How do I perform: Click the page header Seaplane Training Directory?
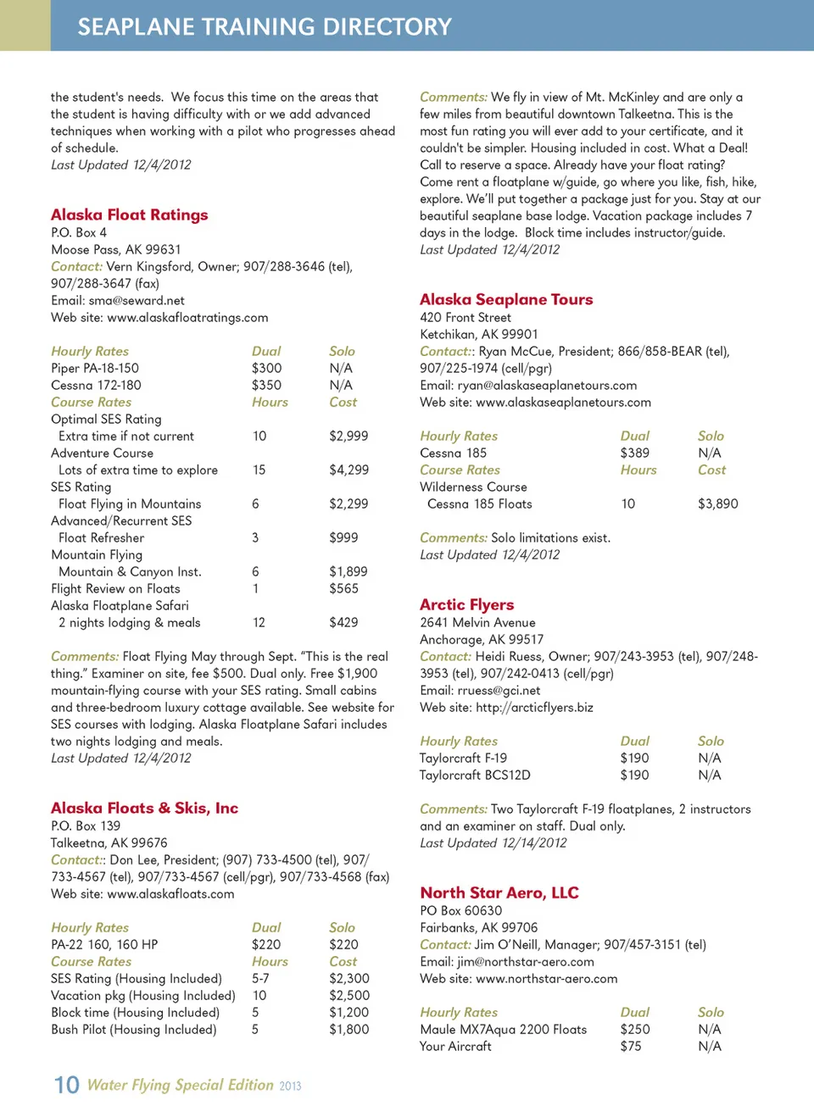pos(265,26)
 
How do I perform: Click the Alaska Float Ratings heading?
pos(129,214)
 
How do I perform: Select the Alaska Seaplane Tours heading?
pos(506,299)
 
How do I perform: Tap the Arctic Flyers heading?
pos(466,604)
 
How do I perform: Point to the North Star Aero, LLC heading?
pos(499,892)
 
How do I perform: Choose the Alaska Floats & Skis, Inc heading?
pos(144,808)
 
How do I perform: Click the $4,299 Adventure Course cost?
pos(348,470)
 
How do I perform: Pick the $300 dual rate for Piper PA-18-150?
pos(266,368)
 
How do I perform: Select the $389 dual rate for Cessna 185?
pos(634,453)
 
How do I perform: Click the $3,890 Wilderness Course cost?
pos(717,503)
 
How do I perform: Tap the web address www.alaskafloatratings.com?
pos(187,317)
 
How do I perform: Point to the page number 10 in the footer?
pos(66,1085)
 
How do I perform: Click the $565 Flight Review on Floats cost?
pos(343,588)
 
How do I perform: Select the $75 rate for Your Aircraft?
pos(630,1046)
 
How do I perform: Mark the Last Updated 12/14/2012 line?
pos(493,842)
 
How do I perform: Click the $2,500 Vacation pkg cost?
pos(348,995)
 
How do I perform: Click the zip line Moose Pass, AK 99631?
pos(115,249)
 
